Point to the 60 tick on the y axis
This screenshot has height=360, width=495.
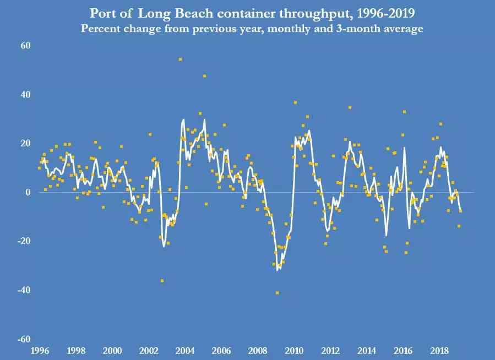coord(25,46)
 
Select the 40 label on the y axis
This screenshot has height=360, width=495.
coord(25,95)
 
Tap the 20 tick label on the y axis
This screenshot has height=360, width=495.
coord(25,143)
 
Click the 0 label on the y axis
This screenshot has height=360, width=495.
coord(28,192)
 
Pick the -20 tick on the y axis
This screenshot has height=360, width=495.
coord(24,241)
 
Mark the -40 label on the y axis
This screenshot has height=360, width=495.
coord(24,290)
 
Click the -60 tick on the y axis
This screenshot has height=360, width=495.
coord(24,339)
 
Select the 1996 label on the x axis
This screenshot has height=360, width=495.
coord(40,351)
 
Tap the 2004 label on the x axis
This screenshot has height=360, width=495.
coord(184,351)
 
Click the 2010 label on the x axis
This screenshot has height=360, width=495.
coord(293,351)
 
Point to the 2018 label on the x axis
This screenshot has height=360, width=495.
coord(439,351)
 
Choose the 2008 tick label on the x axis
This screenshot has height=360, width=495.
coord(257,351)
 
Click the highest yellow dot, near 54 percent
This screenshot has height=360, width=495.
coord(180,59)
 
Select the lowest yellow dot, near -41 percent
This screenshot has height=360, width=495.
coord(277,293)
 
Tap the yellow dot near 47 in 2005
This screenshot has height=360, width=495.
coord(204,76)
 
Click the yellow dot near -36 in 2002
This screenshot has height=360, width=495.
coord(162,281)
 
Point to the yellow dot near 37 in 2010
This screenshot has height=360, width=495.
coord(295,102)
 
